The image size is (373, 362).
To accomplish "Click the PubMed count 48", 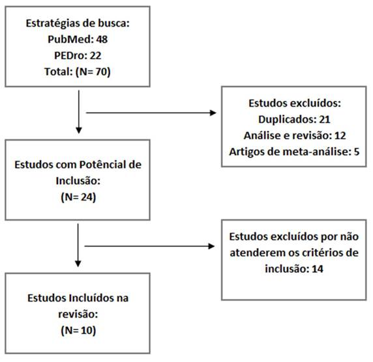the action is pyautogui.click(x=102, y=40).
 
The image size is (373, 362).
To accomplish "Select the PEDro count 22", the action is pyautogui.click(x=96, y=55).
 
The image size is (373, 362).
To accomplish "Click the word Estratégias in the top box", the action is pyautogui.click(x=53, y=23).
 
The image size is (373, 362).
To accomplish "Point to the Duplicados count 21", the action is pyautogui.click(x=325, y=120).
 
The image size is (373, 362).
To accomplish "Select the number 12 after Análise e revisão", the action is pyautogui.click(x=340, y=135).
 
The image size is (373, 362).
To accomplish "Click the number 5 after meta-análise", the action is pyautogui.click(x=356, y=152).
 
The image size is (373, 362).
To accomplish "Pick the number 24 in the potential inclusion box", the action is pyautogui.click(x=87, y=197).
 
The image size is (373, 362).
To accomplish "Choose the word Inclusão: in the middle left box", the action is pyautogui.click(x=78, y=181).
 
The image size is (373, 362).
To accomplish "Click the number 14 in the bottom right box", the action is pyautogui.click(x=318, y=269).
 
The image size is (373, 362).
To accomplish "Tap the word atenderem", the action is pyautogui.click(x=258, y=253).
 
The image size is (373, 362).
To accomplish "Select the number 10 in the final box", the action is pyautogui.click(x=87, y=330).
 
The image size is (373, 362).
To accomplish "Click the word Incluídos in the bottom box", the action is pyautogui.click(x=91, y=298).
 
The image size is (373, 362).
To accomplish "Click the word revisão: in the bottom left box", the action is pyautogui.click(x=78, y=314).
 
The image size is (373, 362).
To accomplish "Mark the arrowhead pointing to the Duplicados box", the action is pyautogui.click(x=213, y=113).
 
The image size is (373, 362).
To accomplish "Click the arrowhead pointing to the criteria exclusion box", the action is pyautogui.click(x=211, y=246).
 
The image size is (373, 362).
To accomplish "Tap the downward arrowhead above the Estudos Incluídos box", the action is pyautogui.click(x=78, y=264).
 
